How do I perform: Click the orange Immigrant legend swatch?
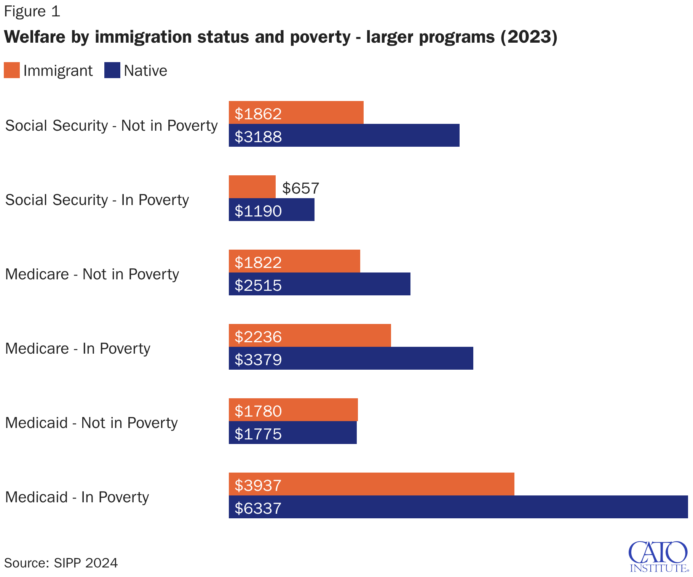12,71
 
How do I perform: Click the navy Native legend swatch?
112,71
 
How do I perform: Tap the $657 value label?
300,188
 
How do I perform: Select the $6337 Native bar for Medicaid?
458,507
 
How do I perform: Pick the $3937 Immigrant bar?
371,484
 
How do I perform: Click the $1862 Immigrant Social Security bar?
296,113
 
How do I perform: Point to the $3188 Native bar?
344,135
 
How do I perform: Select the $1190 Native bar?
271,210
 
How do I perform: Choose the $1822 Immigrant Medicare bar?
294,261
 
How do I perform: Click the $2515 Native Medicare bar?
319,284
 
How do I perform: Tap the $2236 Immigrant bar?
310,336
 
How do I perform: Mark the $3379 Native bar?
351,358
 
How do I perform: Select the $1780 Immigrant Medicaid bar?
293,410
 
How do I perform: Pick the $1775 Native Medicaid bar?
292,433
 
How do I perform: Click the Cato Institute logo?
658,556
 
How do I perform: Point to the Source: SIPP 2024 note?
61,563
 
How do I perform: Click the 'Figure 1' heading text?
32,11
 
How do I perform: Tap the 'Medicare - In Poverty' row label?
78,349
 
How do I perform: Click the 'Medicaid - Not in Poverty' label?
91,423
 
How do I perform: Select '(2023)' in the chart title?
529,37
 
